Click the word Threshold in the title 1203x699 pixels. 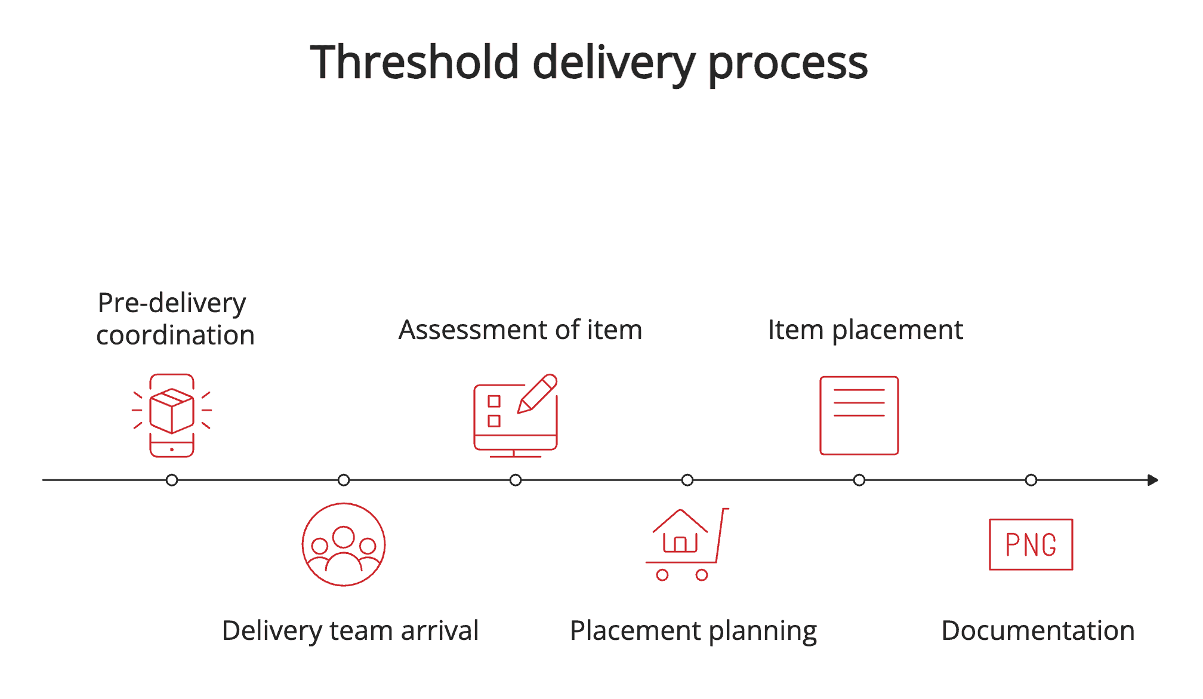[x=415, y=63]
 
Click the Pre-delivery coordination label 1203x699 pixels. [x=175, y=319]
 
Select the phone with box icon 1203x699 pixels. [x=172, y=415]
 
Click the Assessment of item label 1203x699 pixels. [x=520, y=330]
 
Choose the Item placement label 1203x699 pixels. [x=865, y=330]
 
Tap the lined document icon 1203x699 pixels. [x=859, y=415]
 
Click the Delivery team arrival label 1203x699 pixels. [x=350, y=630]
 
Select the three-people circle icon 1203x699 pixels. [x=344, y=544]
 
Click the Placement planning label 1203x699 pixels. [x=693, y=631]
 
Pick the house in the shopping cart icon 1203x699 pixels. [x=680, y=532]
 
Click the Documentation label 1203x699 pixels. [x=1038, y=630]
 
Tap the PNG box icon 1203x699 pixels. [x=1031, y=544]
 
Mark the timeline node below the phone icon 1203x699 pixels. [x=172, y=480]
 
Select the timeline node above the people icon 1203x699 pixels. [x=344, y=480]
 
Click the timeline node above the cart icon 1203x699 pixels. [x=687, y=480]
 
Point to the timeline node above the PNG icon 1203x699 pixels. [x=1031, y=480]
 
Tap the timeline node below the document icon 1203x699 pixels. [x=859, y=480]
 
